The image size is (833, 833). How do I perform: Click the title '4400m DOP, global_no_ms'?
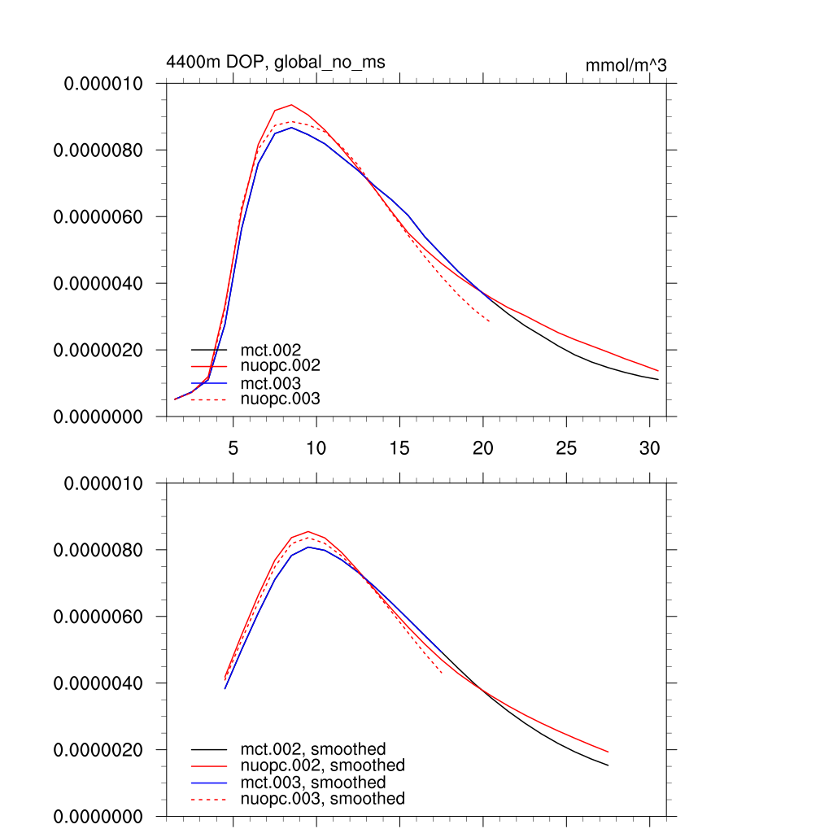tap(275, 62)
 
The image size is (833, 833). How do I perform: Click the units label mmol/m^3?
tap(626, 66)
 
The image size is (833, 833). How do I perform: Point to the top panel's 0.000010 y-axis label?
tap(103, 84)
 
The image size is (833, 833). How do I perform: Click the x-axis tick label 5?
tap(233, 447)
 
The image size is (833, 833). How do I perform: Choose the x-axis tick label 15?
tap(399, 447)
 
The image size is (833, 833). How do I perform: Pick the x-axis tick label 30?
tap(649, 447)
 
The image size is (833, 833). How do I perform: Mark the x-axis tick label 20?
tap(483, 447)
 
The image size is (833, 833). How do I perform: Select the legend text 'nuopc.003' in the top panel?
tap(281, 399)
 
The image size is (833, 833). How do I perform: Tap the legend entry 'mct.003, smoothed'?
tap(313, 783)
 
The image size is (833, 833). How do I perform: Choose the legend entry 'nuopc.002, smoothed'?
tap(322, 765)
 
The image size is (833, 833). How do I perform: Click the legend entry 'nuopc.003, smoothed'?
tap(322, 799)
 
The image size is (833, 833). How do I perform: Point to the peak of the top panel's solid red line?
tap(291, 105)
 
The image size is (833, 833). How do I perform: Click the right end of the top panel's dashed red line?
tap(490, 322)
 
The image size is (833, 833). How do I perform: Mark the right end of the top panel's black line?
tap(658, 379)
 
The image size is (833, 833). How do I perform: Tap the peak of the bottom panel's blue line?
tap(308, 547)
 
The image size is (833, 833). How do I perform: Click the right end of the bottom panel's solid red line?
tap(608, 752)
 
